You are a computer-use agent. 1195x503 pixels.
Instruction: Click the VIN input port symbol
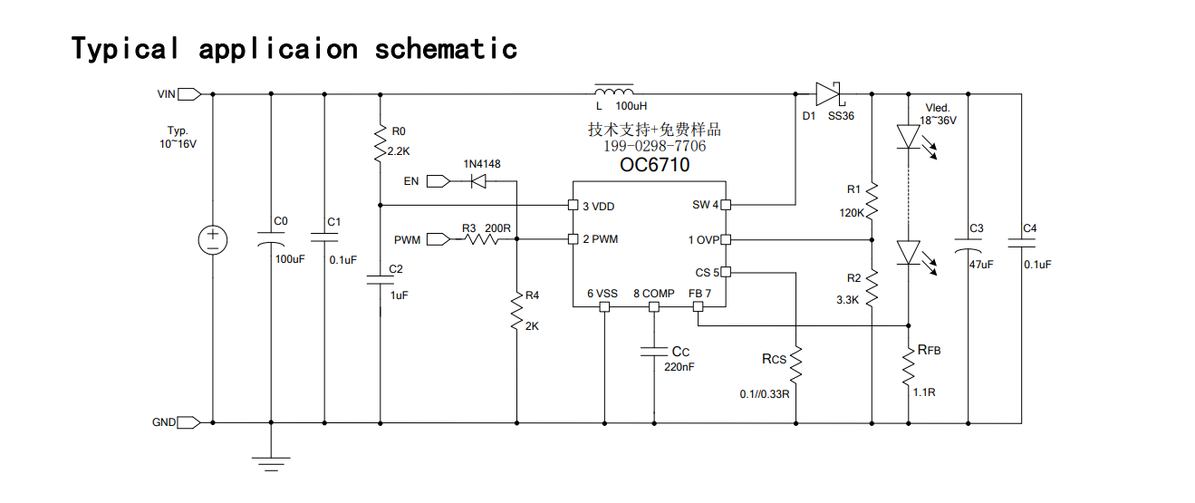click(189, 94)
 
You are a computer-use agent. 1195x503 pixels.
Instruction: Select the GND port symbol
click(188, 422)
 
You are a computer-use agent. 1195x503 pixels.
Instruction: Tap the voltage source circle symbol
click(213, 240)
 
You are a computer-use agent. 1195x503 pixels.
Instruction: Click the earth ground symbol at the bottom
click(271, 464)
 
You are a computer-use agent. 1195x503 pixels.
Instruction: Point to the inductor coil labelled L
click(614, 90)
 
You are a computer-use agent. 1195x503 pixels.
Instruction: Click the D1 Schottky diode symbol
click(828, 94)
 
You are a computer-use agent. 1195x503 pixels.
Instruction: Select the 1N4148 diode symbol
click(478, 181)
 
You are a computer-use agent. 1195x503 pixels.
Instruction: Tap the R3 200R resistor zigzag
click(482, 239)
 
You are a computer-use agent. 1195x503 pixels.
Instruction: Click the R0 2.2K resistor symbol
click(381, 143)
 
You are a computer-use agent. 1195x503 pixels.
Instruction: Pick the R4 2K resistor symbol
click(516, 311)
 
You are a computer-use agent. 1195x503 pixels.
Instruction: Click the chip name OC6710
click(655, 165)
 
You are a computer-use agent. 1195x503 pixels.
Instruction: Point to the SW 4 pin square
click(726, 205)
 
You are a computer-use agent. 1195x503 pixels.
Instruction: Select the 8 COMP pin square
click(654, 306)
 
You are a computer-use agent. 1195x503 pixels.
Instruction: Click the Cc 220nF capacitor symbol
click(654, 352)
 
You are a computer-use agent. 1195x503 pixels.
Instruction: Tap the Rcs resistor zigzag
click(796, 365)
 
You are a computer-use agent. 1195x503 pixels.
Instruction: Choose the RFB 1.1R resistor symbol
click(909, 366)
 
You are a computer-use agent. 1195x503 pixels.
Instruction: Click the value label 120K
click(852, 213)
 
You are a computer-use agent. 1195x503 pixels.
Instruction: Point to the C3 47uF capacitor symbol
click(969, 246)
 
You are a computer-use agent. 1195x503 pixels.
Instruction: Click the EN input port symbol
click(438, 181)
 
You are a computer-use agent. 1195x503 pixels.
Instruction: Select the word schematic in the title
click(446, 49)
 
